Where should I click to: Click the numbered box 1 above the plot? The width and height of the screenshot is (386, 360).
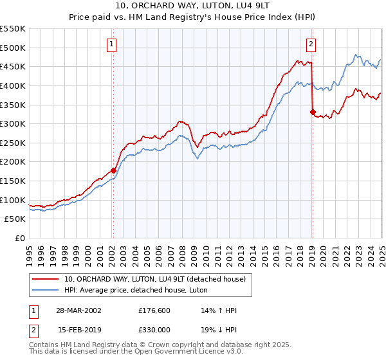click(x=112, y=44)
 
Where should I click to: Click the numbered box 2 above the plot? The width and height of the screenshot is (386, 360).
click(x=311, y=44)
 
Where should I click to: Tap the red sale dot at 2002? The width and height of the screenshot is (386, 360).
click(x=113, y=170)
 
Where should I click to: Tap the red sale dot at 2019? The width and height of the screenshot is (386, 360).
click(x=312, y=113)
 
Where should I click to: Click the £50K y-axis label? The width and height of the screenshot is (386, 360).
click(x=15, y=219)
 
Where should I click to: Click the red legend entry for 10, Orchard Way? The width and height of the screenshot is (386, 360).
click(x=154, y=279)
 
